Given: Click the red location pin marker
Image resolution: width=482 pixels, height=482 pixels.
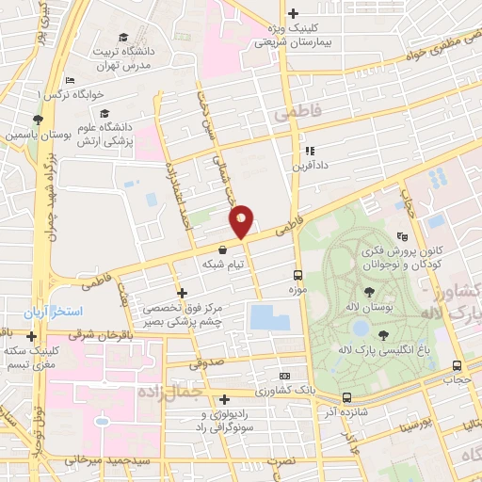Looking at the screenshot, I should (241, 220).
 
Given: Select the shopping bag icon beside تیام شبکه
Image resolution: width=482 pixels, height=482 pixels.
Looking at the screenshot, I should (222, 250).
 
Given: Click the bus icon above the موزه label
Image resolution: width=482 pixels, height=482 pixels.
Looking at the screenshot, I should (297, 275).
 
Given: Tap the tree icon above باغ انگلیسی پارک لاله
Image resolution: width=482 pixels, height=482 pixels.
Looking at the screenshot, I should (382, 334).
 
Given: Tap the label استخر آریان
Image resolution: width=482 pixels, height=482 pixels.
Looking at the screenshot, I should (56, 311).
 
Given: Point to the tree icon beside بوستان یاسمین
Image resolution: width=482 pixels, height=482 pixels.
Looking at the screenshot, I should (37, 120).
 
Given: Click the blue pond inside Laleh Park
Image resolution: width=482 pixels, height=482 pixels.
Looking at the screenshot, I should (360, 328).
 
